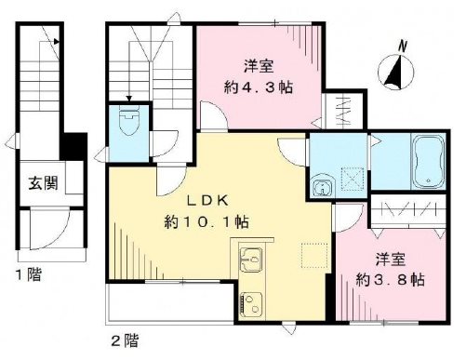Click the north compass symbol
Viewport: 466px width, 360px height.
[396, 70]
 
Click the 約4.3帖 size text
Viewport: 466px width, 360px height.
[259, 84]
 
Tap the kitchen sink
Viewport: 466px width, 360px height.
[250, 259]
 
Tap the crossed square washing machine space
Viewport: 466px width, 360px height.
[351, 175]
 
